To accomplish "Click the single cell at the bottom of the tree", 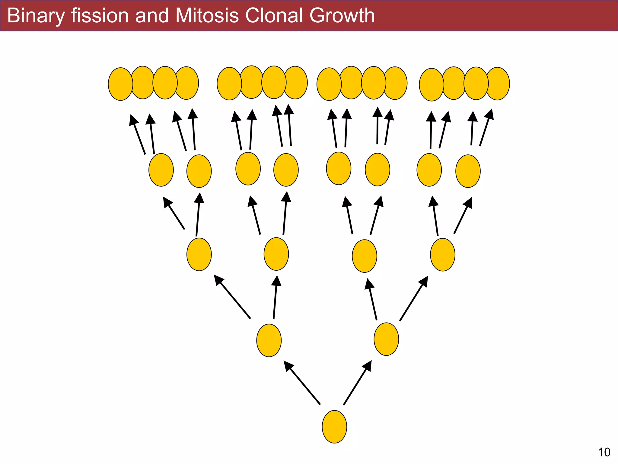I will tap(334, 427).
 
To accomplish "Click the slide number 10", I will tap(604, 452).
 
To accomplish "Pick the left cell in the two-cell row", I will tap(269, 340).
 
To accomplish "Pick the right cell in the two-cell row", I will tap(386, 339).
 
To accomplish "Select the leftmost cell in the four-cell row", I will tap(199, 254).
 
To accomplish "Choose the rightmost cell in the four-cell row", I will tap(443, 255).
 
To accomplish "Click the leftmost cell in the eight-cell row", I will tap(161, 170).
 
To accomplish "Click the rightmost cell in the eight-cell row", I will tap(468, 171).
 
